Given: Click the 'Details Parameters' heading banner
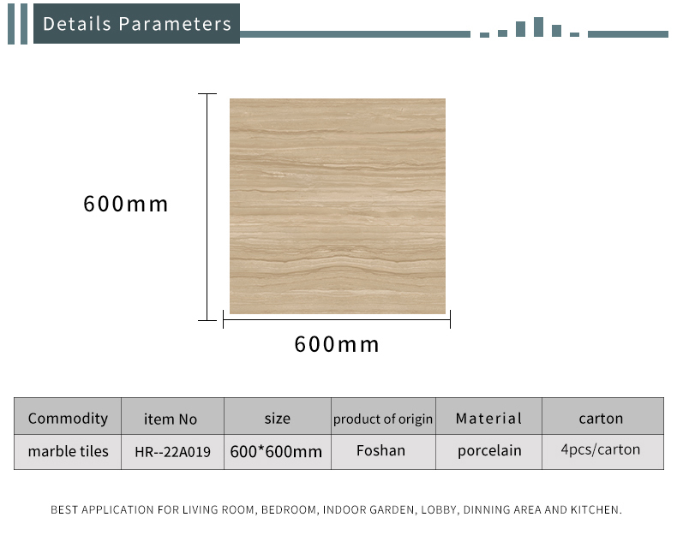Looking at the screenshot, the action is click(x=136, y=24).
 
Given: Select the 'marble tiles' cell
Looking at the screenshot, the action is click(x=69, y=451).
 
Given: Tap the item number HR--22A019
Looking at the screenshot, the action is click(x=173, y=452).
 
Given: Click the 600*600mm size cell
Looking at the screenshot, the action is click(x=276, y=452).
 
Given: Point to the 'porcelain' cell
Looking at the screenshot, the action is click(x=489, y=451).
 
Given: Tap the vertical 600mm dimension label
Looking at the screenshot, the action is click(x=126, y=204).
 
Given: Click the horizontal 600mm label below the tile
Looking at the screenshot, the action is click(x=337, y=344).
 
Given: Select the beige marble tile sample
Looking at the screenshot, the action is click(x=338, y=206).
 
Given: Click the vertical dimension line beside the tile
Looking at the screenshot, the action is click(x=207, y=207).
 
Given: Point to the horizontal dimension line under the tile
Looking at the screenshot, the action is click(x=337, y=319).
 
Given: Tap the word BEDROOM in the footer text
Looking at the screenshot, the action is click(x=289, y=510).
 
